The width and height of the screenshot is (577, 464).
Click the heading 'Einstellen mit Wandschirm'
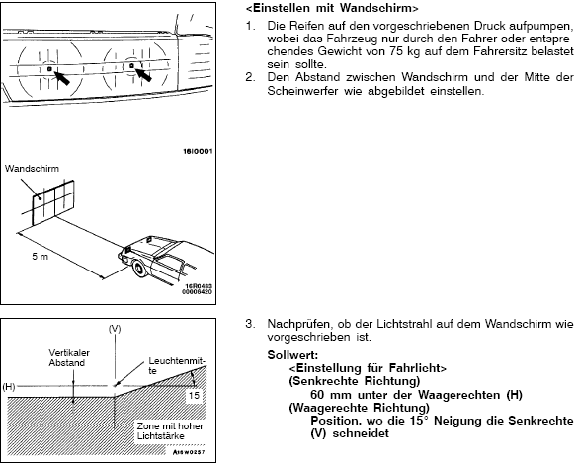332,8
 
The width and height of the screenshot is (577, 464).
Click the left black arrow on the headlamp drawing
62,78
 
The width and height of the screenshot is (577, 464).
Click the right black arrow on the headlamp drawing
144,74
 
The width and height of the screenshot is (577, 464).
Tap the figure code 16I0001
198,151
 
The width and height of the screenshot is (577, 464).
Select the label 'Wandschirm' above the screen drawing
32,169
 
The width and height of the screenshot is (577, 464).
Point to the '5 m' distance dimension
41,257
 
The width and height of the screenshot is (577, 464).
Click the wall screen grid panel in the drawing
53,202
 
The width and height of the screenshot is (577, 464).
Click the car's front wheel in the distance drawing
140,269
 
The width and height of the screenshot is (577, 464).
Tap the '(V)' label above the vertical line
115,329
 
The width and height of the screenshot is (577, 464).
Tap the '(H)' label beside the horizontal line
9,387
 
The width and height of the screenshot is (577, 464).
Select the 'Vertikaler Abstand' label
69,358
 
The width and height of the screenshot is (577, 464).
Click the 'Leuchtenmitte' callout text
177,366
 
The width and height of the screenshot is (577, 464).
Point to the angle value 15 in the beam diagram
194,396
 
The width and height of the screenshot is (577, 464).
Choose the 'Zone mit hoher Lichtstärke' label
170,430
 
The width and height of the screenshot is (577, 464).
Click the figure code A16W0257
189,452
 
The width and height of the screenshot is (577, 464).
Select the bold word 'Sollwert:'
292,355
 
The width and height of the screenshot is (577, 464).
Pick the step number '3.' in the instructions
250,324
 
